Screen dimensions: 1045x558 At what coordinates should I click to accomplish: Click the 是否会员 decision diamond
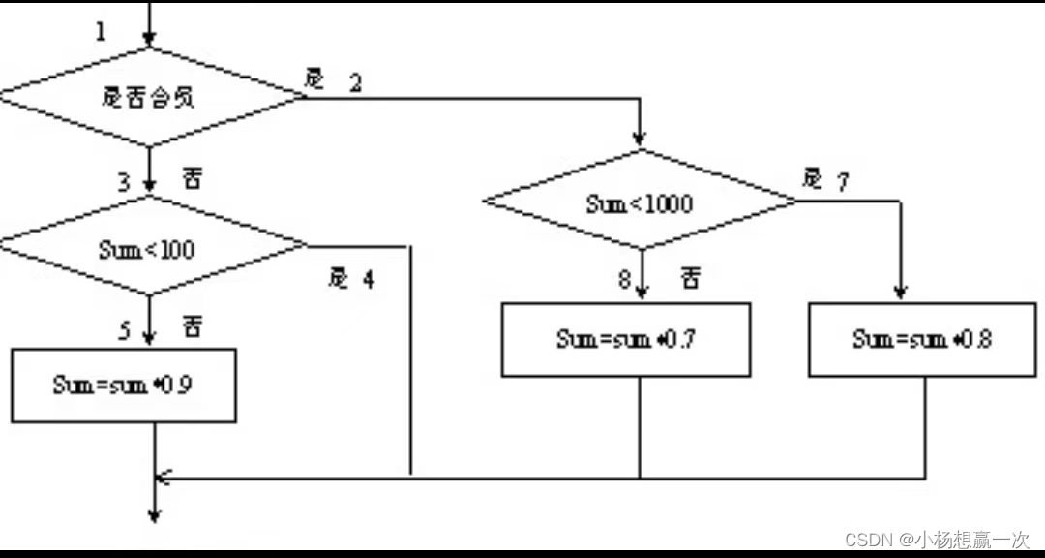pos(150,97)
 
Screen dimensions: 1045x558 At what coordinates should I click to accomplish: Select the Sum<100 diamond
pos(150,248)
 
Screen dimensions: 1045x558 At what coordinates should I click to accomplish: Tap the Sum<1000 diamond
pos(640,203)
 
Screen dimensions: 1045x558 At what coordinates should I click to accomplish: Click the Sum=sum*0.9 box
pos(123,385)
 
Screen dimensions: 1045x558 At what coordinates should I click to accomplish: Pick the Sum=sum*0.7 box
pos(625,339)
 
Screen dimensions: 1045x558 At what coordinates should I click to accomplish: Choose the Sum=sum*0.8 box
pos(922,339)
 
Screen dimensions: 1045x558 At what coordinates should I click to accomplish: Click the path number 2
pos(355,83)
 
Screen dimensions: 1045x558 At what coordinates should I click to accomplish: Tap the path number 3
pos(124,181)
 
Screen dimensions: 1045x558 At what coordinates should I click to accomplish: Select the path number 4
pos(368,280)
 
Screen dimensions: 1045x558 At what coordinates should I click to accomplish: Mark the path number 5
pos(124,331)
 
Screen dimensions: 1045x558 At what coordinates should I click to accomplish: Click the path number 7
pos(842,182)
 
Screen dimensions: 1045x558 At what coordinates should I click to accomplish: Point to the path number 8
pos(624,280)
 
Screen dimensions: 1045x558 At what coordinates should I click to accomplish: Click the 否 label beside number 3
pos(192,179)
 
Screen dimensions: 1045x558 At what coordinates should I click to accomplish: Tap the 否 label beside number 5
pos(192,328)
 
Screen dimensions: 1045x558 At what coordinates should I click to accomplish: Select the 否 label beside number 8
pos(690,279)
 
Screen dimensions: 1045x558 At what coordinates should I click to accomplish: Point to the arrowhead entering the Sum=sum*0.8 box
pos(900,292)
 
